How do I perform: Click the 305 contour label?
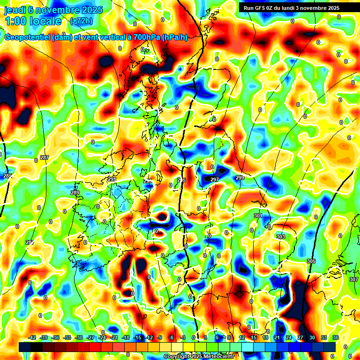[x=311, y=261]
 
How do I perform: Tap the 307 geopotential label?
[x=353, y=279]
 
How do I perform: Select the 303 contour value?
[x=281, y=237]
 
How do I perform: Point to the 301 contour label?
[x=258, y=216]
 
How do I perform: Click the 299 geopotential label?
[x=240, y=178]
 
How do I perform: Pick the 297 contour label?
[x=215, y=180]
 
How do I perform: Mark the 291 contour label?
[x=112, y=179]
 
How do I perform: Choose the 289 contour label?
[x=75, y=193]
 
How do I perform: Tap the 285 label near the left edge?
[x=7, y=176]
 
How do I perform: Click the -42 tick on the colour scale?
[x=32, y=338]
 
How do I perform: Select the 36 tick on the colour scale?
[x=336, y=338]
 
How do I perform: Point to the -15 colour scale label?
[x=137, y=338]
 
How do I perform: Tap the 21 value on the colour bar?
[x=277, y=338]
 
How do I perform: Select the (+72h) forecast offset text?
[x=81, y=21]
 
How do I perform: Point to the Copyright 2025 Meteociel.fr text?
[x=199, y=357]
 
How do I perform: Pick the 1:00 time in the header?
[x=15, y=21]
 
